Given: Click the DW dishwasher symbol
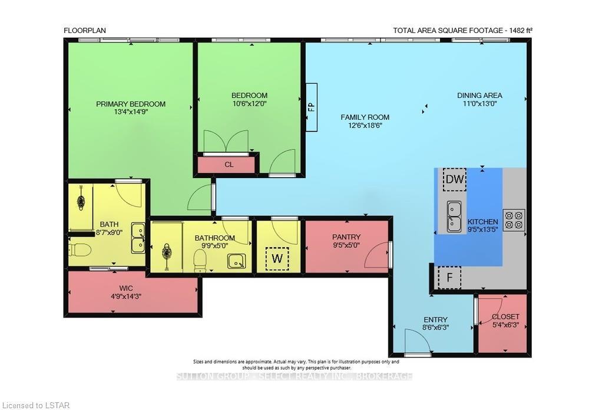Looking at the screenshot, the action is coord(455,179).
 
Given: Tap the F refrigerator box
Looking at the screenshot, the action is coord(449,278).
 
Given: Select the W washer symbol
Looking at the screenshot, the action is coord(277,259).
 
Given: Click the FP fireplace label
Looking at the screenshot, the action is coord(311,107).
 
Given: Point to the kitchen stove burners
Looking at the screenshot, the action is coord(514,220).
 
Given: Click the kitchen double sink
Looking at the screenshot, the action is coord(455,217).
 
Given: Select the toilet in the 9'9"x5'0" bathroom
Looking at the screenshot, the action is coord(200,261).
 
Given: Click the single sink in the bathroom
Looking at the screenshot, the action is coord(237,261).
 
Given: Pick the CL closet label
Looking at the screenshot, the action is coord(229,165).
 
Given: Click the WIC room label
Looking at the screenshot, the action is coord(127,288).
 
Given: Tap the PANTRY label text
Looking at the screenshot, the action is coord(346,237).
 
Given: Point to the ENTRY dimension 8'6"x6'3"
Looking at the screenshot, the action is coord(436,327).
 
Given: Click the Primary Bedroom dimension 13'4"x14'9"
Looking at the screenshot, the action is coord(130,111).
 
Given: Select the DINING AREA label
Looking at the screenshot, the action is coord(479,96).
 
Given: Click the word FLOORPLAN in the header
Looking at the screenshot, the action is coord(85,31).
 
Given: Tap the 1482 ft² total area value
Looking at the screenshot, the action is coord(521,31).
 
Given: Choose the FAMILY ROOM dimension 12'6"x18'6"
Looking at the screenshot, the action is coord(365,125).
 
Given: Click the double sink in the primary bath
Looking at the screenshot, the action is coord(138,238).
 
